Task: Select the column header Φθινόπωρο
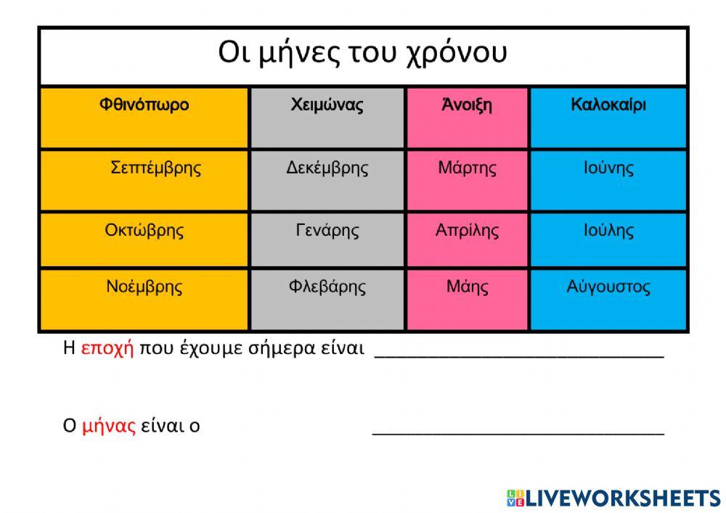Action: [x=144, y=105]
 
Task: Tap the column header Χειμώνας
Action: [x=327, y=105]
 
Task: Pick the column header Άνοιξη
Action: [x=467, y=105]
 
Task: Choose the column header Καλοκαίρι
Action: [x=608, y=105]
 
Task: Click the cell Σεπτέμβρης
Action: [x=155, y=168]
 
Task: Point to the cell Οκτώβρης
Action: [x=144, y=231]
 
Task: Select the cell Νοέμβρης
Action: [x=144, y=287]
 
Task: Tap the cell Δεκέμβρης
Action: [x=327, y=168]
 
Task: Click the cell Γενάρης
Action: [x=327, y=231]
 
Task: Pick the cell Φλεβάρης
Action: [x=327, y=287]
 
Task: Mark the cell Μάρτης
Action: [x=467, y=168]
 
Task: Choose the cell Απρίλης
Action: [x=467, y=231]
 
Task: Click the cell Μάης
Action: [x=467, y=287]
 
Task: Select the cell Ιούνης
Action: [x=608, y=168]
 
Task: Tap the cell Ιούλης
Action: [x=608, y=231]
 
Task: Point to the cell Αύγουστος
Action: [x=608, y=287]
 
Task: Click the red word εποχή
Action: [x=107, y=348]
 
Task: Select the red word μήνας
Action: [x=109, y=426]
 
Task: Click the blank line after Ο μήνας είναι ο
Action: [x=518, y=427]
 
